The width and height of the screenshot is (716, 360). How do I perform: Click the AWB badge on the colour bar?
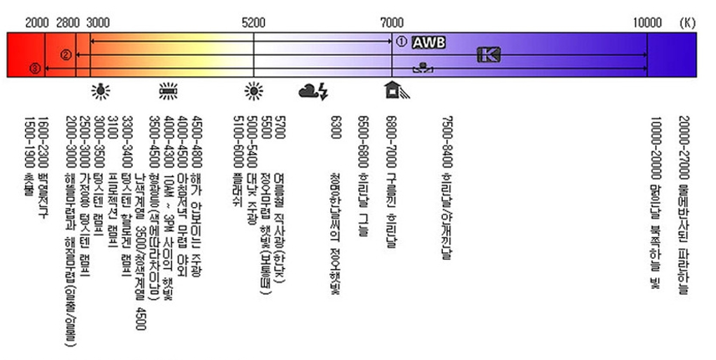click(x=429, y=41)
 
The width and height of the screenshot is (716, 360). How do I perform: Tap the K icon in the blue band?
click(x=489, y=55)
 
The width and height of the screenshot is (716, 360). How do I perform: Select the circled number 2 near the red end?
click(x=64, y=55)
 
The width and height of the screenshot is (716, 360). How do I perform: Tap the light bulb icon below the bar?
click(x=101, y=89)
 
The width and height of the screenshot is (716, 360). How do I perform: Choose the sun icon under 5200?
click(x=254, y=89)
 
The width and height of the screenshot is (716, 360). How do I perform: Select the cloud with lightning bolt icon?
click(x=314, y=89)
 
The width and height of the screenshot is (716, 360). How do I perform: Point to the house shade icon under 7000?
click(x=393, y=89)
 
